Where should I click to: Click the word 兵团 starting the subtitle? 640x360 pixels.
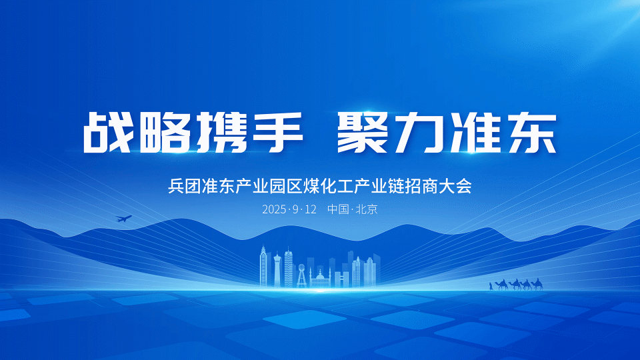pos(185,186)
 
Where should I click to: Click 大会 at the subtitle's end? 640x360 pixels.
pos(455,186)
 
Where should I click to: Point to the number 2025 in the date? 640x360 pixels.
pos(274,209)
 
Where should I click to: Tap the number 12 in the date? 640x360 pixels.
pos(310,209)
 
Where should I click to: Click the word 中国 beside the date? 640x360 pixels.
pos(338,209)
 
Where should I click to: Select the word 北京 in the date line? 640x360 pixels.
pos(367,209)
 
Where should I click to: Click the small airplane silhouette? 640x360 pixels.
pos(124,219)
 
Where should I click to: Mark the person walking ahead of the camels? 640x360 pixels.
pos(491,286)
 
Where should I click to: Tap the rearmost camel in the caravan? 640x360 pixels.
pos(537,284)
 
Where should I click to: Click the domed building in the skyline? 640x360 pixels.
pos(321,279)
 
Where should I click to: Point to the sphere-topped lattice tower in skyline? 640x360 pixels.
pos(301,276)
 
